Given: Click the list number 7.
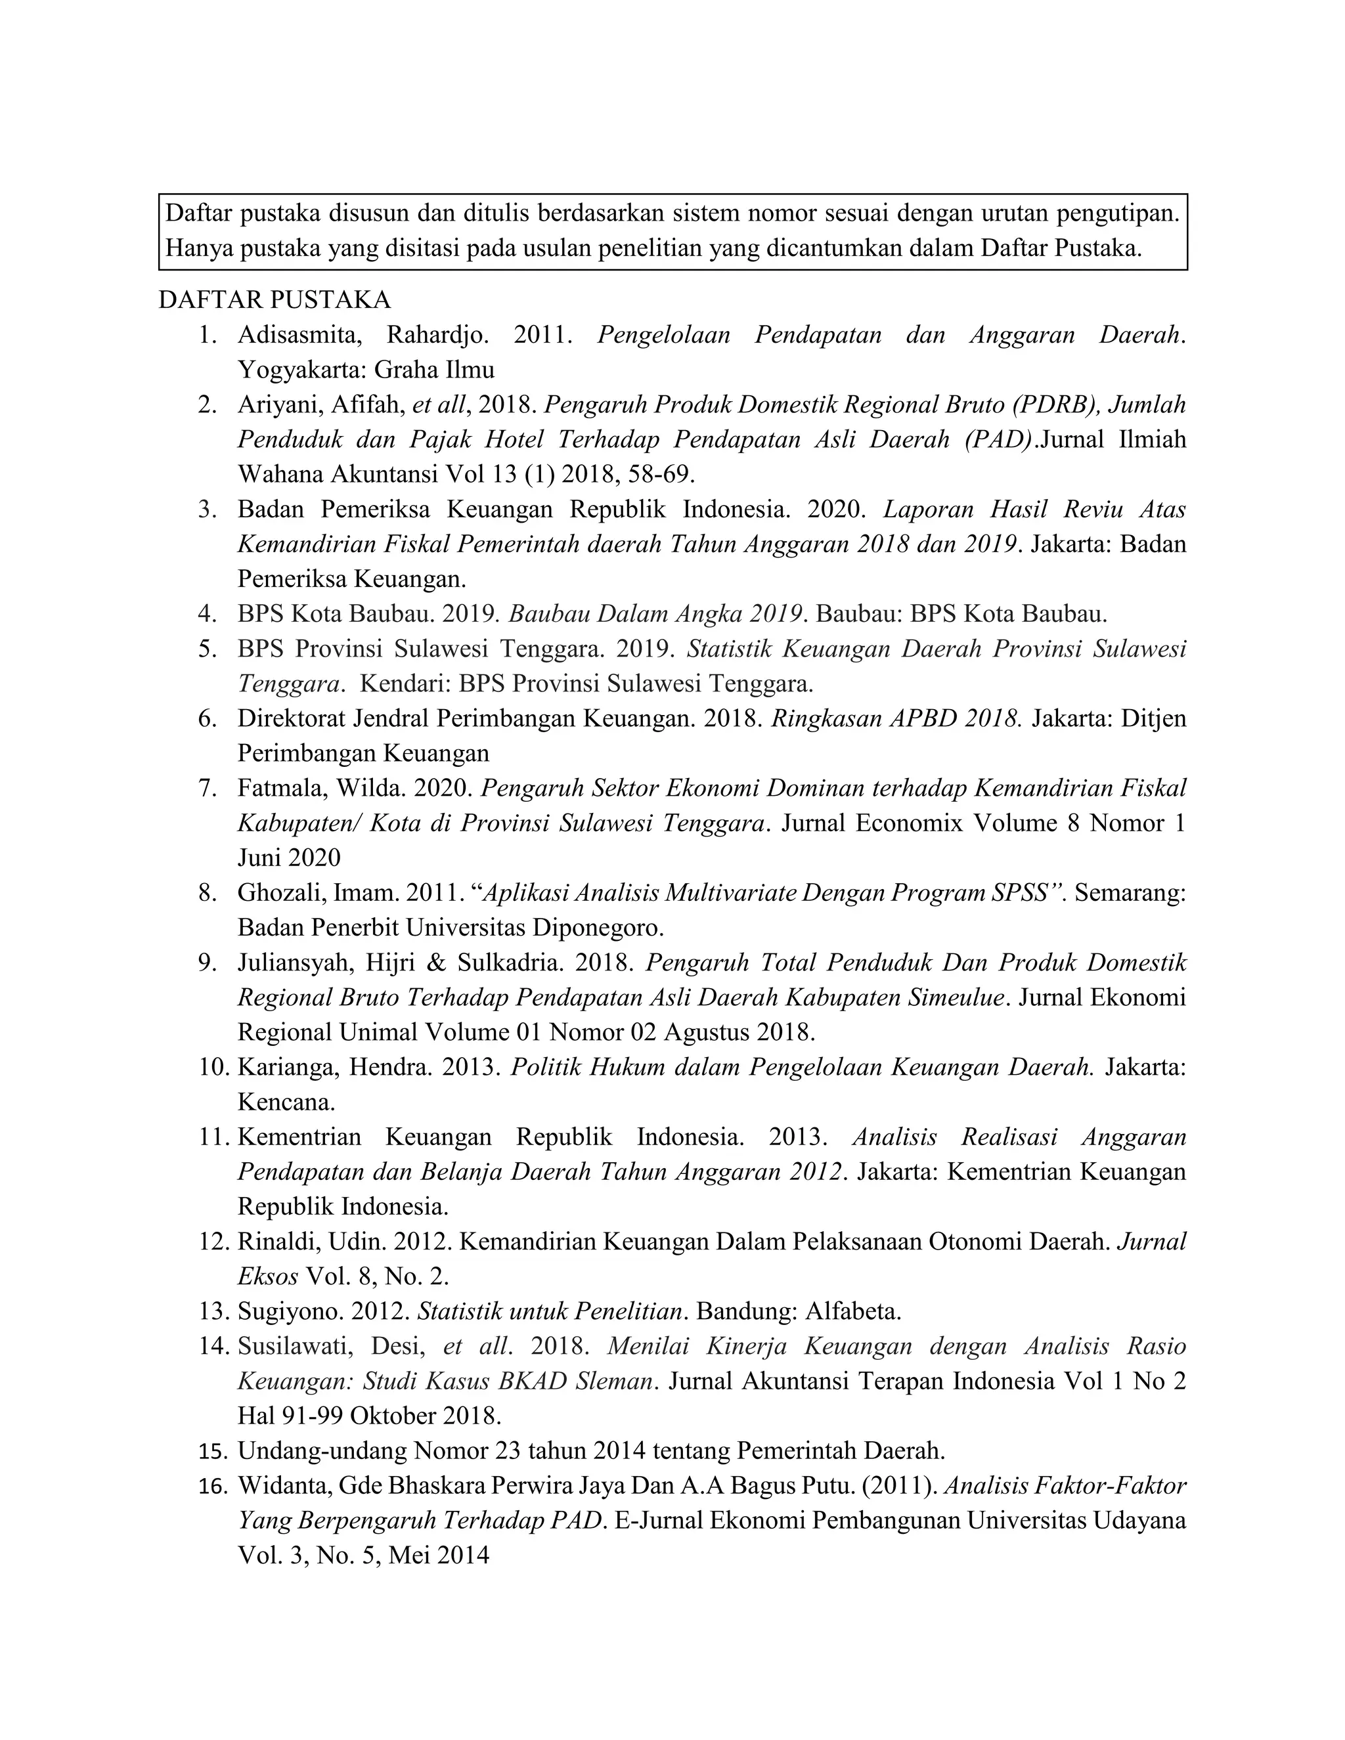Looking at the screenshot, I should (x=207, y=788).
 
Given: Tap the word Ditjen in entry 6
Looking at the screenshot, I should (x=1153, y=718).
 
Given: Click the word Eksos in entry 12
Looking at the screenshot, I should (x=268, y=1276).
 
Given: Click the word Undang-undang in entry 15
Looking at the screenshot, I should (x=322, y=1451).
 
